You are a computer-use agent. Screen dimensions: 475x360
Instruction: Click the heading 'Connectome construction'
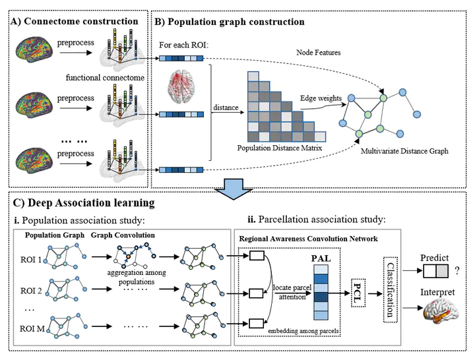(81, 22)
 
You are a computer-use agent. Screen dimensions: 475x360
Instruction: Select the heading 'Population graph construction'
(236, 22)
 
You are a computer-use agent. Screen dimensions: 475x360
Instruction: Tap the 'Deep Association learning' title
(91, 203)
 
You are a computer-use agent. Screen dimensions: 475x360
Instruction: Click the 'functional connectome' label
(105, 78)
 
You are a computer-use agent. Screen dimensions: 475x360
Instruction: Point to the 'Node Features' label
(319, 52)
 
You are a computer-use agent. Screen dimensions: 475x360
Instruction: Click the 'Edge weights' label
(321, 98)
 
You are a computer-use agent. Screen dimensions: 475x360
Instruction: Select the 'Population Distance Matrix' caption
(279, 148)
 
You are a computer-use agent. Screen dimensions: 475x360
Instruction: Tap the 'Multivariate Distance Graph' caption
(404, 151)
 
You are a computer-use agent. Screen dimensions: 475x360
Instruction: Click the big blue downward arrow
(234, 189)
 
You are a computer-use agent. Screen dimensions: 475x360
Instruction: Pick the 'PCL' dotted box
(358, 293)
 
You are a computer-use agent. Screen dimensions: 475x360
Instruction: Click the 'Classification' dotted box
(391, 289)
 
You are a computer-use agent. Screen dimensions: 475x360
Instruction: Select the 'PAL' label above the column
(321, 258)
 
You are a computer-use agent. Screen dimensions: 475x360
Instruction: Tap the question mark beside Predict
(457, 270)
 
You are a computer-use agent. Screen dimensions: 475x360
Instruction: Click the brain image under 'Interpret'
(441, 312)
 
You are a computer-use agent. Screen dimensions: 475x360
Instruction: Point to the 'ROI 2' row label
(30, 291)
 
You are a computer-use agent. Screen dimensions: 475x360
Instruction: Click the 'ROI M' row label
(32, 328)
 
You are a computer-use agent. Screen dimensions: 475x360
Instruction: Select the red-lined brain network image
(181, 86)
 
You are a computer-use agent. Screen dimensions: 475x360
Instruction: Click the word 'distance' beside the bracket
(226, 107)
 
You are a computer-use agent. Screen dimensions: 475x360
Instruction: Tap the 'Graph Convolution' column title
(123, 235)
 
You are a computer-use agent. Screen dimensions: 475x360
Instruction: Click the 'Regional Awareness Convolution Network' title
(308, 239)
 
